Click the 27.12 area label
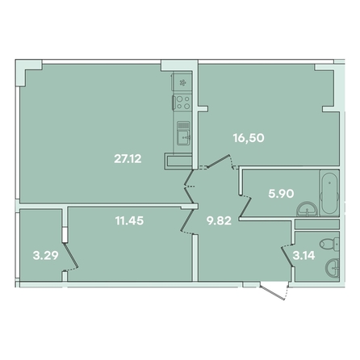click(128, 159)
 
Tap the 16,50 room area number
click(249, 138)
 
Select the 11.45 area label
click(129, 220)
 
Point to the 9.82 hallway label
click(219, 221)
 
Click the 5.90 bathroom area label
click(281, 194)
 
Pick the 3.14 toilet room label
click(303, 255)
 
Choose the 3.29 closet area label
click(45, 255)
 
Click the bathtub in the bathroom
click(329, 193)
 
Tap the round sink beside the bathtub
click(307, 209)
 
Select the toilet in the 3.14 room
click(329, 244)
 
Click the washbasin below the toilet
click(333, 267)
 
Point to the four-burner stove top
click(183, 103)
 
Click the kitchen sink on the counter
click(183, 137)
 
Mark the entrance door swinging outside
click(273, 292)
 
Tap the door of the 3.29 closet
click(71, 255)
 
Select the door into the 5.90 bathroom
click(245, 207)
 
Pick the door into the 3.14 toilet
click(287, 256)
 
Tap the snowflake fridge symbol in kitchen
click(182, 82)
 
